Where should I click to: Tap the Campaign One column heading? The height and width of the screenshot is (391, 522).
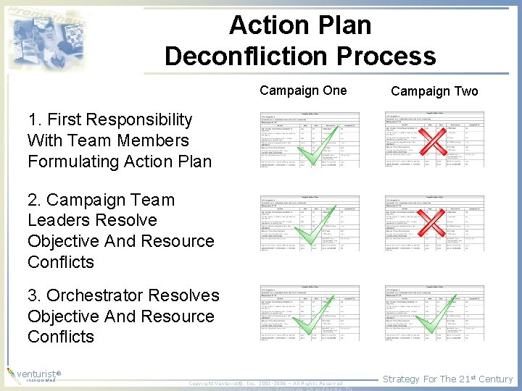coord(303,91)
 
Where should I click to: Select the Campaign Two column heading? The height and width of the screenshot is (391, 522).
coord(434,91)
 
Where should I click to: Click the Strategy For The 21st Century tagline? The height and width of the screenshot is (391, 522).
coord(447,379)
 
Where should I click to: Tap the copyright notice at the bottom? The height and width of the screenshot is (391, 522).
coord(265,383)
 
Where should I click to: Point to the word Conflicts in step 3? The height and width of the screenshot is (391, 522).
coord(61,337)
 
